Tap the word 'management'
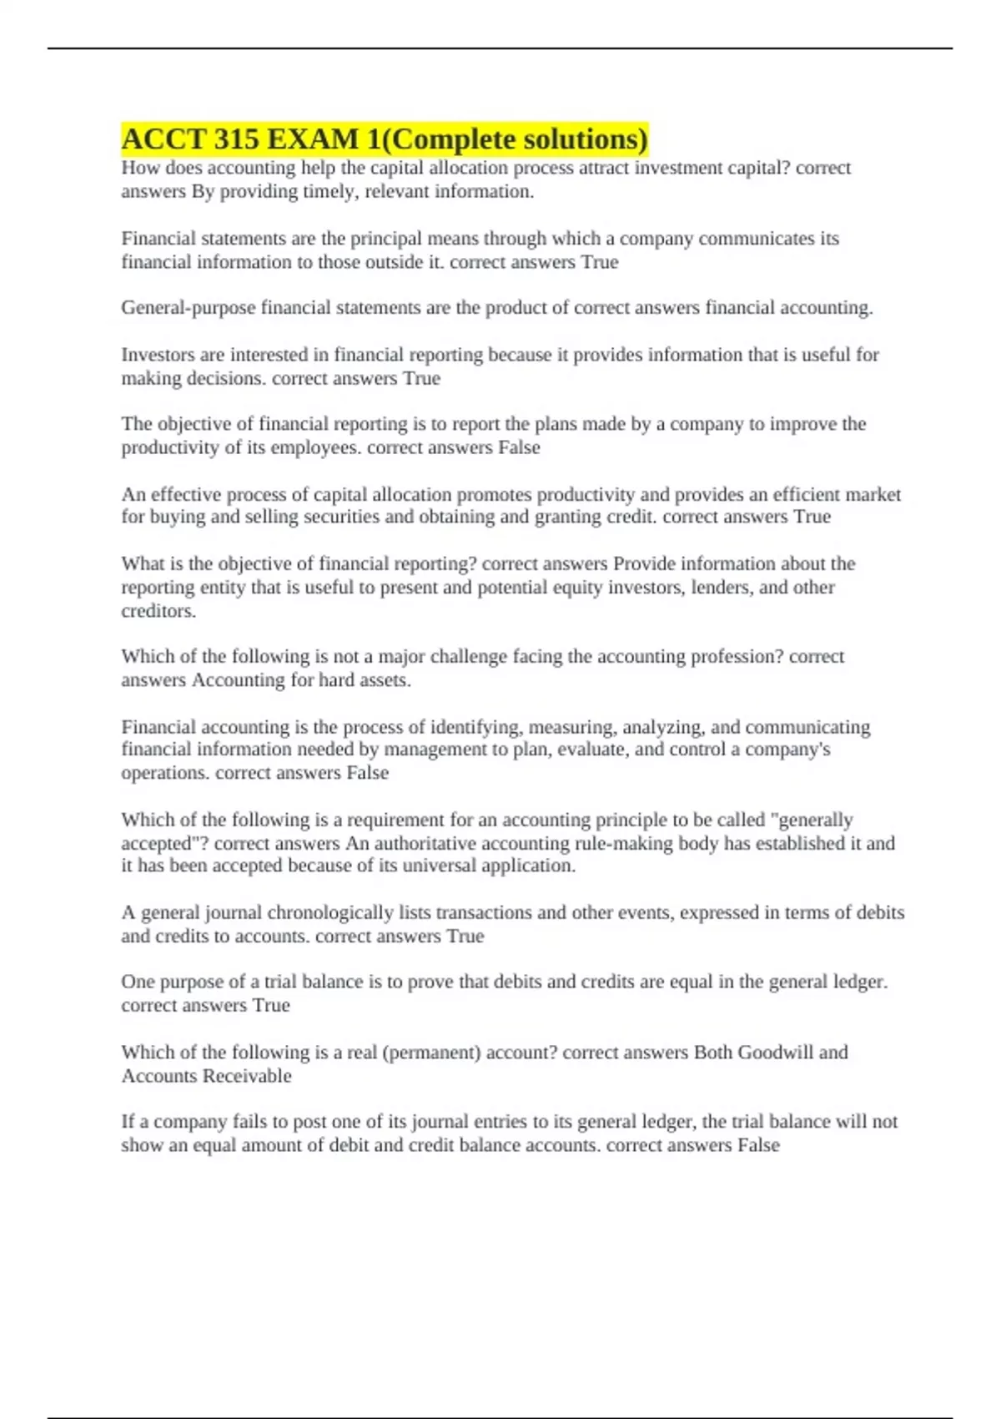coord(434,750)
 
